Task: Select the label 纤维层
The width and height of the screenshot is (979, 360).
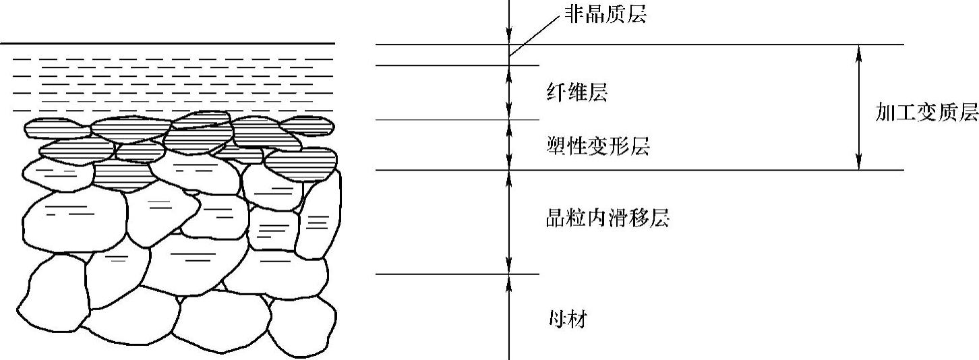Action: [576, 93]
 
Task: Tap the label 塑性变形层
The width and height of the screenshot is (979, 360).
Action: [597, 146]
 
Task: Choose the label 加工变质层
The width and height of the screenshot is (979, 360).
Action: [926, 113]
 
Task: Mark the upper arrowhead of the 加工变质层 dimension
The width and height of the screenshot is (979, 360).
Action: [858, 52]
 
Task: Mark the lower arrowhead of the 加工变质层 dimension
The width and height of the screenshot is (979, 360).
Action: [858, 162]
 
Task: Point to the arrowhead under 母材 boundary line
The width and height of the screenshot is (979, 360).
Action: [509, 281]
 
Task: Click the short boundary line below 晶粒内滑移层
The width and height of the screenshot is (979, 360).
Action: [458, 274]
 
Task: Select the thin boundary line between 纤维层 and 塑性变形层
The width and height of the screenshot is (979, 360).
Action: [458, 120]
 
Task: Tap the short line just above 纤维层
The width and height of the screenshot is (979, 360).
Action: [458, 65]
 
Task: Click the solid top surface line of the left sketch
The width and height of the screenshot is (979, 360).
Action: [169, 44]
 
